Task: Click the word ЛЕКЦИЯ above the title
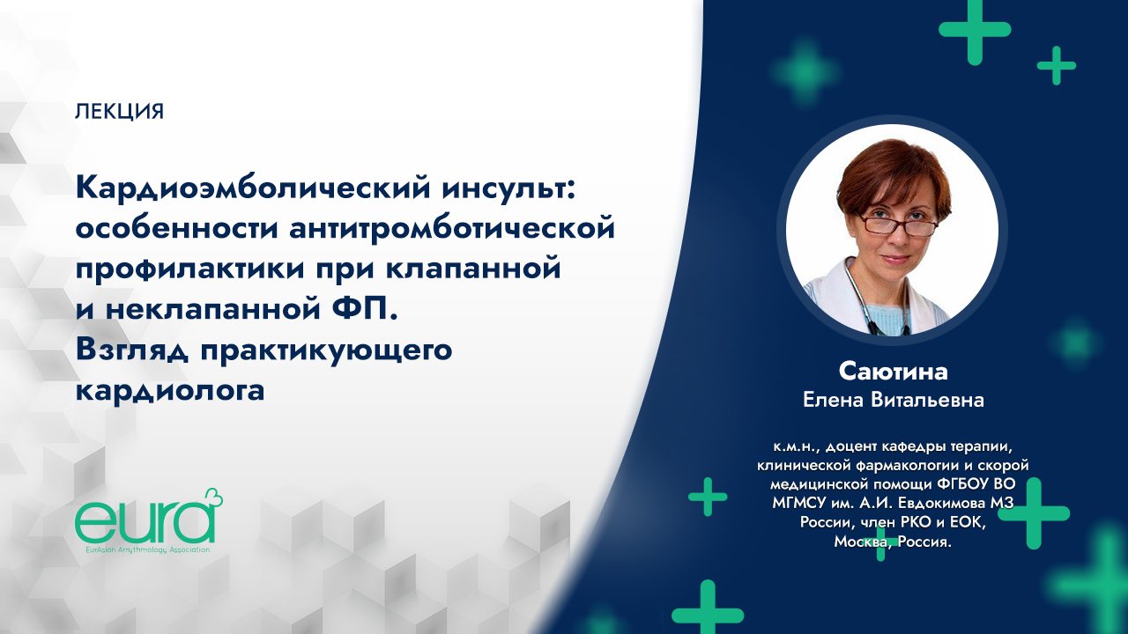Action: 120,112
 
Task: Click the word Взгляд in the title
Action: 132,348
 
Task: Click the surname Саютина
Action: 893,371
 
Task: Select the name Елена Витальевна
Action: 893,401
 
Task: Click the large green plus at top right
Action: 974,29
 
